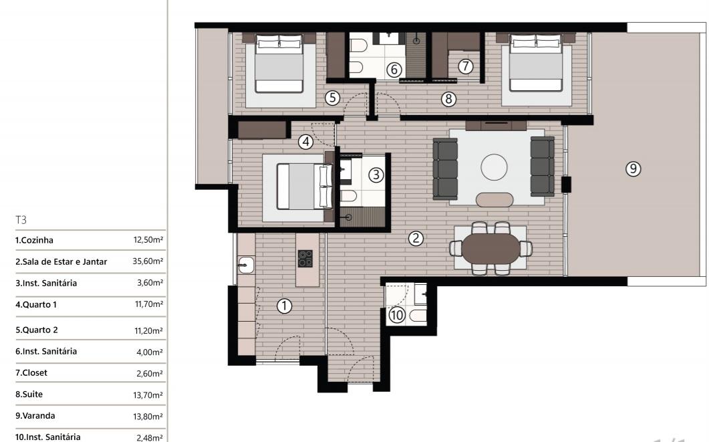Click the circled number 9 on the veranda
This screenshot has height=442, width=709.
[633, 169]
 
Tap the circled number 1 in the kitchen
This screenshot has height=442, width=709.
[284, 306]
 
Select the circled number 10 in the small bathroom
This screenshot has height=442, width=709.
[397, 315]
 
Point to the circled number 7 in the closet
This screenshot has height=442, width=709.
[465, 66]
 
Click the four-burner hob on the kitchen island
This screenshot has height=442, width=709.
[305, 258]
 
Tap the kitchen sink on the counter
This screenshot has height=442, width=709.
[246, 265]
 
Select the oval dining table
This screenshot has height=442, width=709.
[490, 248]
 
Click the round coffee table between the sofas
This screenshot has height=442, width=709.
[494, 167]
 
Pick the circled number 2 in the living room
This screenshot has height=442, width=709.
[416, 239]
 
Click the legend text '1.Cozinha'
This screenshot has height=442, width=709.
[34, 240]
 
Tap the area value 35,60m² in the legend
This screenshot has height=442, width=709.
[148, 261]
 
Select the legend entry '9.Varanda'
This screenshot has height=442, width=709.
[35, 416]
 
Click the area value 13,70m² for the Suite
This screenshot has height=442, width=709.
[148, 395]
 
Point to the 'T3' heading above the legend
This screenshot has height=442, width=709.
[21, 220]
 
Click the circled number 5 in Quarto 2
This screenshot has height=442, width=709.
[332, 97]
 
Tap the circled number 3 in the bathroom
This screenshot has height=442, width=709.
[376, 175]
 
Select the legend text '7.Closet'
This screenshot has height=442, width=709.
[31, 372]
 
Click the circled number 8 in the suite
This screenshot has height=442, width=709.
[448, 98]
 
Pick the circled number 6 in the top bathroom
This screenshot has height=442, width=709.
[394, 70]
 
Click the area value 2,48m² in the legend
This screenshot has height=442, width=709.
[150, 437]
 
